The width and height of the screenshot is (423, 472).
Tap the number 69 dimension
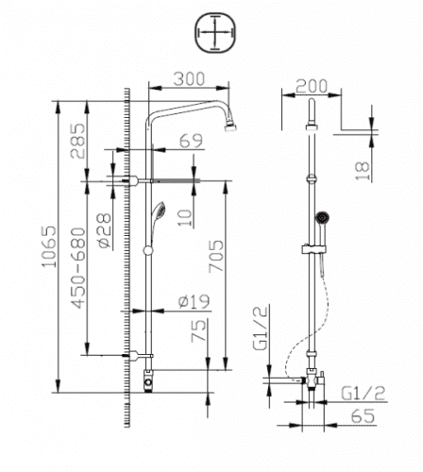click(x=191, y=141)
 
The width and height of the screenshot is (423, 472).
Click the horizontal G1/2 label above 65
click(x=360, y=390)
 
